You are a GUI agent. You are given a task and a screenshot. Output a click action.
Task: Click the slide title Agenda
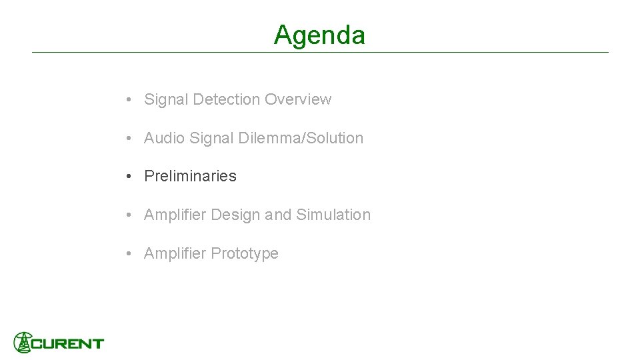point(319,35)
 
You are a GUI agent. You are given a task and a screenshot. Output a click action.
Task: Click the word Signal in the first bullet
point(166,99)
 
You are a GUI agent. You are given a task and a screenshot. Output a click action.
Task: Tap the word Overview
point(297,99)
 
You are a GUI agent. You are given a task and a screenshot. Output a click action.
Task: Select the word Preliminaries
point(190,176)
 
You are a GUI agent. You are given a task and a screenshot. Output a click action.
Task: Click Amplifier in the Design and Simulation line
point(175,215)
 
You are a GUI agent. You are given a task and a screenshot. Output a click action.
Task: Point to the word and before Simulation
point(278,215)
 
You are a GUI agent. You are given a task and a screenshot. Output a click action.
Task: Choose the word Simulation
point(333,215)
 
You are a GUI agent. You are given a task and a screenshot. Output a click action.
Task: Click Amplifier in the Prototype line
point(175,253)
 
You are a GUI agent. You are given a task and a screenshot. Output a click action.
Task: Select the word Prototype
point(245,253)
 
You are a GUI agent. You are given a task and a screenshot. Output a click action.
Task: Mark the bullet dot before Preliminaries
point(127,176)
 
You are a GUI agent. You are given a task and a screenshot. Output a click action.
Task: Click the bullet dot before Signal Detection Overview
point(127,99)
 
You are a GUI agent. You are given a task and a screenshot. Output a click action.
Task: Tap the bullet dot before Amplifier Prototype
point(127,253)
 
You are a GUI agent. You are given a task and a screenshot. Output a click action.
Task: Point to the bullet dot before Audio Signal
point(127,138)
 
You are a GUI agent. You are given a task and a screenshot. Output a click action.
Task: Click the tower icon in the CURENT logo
point(23,342)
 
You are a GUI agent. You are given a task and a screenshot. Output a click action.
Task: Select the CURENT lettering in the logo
point(68,344)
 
